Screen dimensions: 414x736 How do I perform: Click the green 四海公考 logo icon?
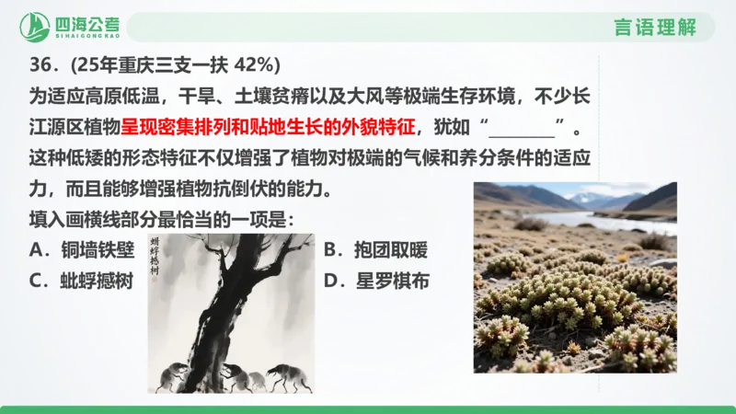(36, 27)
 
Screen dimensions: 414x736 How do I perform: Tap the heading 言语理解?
(655, 27)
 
